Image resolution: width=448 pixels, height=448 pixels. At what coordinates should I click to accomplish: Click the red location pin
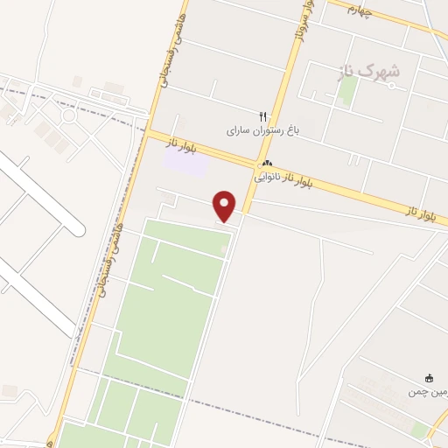click(x=226, y=205)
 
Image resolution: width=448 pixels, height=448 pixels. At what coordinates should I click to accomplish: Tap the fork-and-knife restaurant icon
click(x=261, y=115)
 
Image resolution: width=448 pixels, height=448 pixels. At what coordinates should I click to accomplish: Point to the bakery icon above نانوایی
click(x=267, y=164)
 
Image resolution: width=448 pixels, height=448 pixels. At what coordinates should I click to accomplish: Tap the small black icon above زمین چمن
click(x=429, y=378)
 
